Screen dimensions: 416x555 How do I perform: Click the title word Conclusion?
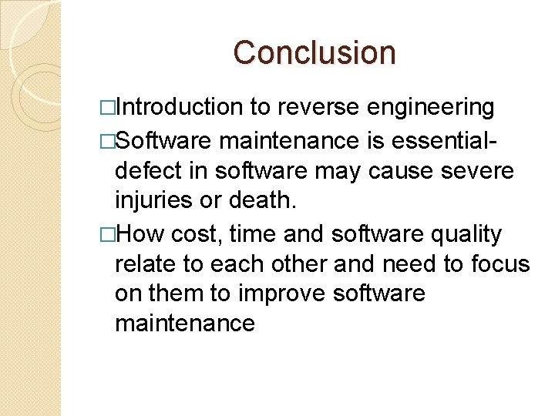[x=314, y=52]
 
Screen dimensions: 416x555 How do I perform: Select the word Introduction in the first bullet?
[x=180, y=107]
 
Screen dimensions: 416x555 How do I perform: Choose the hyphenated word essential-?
[x=448, y=141]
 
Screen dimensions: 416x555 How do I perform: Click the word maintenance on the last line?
[x=184, y=324]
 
